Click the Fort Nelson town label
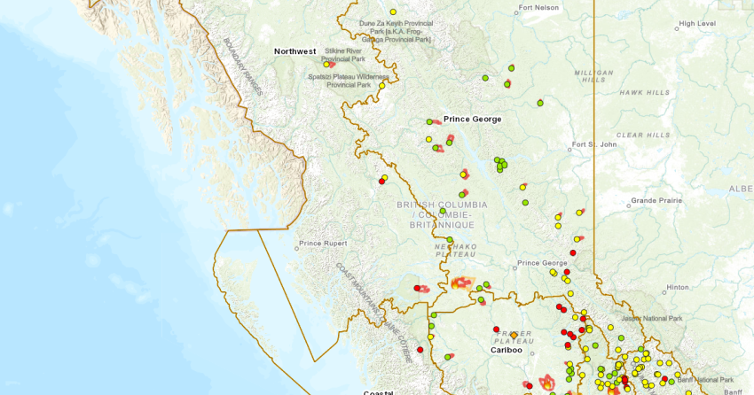[x=539, y=8]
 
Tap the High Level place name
[x=697, y=23]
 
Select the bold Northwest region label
[x=295, y=51]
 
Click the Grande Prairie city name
[x=656, y=200]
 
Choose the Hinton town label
[x=678, y=287]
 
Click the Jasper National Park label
[x=651, y=318]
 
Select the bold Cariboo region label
[x=507, y=350]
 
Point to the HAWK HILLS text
[x=644, y=92]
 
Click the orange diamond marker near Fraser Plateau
[x=514, y=335]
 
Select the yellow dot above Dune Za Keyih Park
[x=393, y=12]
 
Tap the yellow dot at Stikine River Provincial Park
[x=326, y=64]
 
